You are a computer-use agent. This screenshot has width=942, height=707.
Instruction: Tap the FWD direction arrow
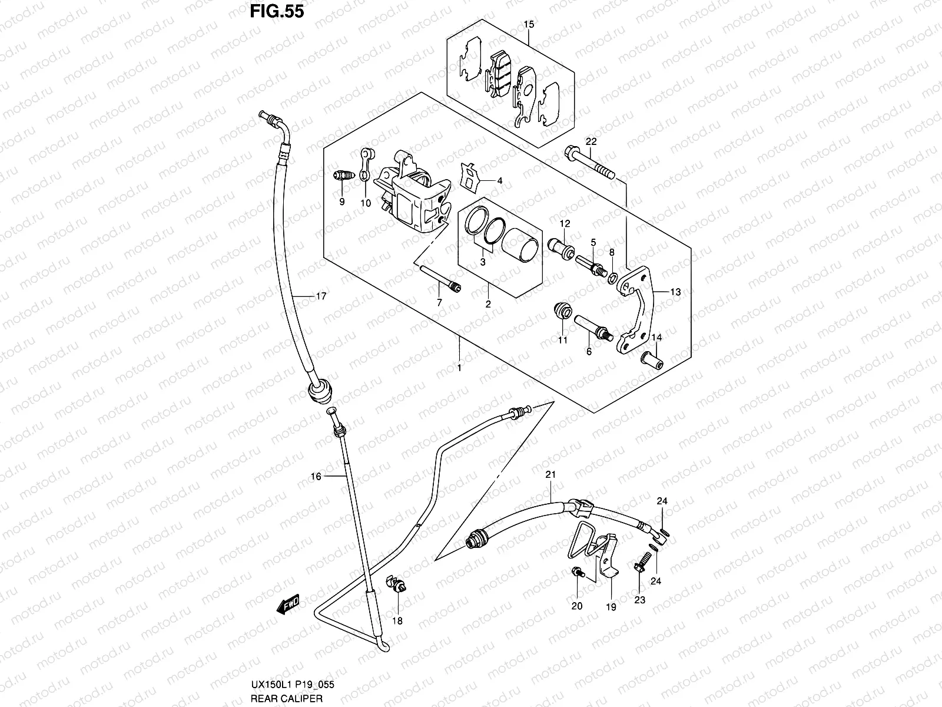coord(289,605)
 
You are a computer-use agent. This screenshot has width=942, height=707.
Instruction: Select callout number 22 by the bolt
coord(591,141)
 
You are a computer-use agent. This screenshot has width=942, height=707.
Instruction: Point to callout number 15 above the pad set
coord(529,25)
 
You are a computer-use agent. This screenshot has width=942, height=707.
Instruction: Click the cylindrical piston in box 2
coord(520,245)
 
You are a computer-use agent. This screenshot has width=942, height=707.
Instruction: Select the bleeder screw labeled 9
coord(342,176)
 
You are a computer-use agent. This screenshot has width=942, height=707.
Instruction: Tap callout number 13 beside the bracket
coord(675,292)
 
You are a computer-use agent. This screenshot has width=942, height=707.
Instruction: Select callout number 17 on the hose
coord(320,297)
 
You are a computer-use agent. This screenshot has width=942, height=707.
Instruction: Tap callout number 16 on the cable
coord(316,476)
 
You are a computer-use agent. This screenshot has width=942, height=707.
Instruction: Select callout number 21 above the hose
coord(550,474)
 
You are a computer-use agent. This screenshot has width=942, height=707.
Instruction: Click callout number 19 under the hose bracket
coord(611,607)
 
